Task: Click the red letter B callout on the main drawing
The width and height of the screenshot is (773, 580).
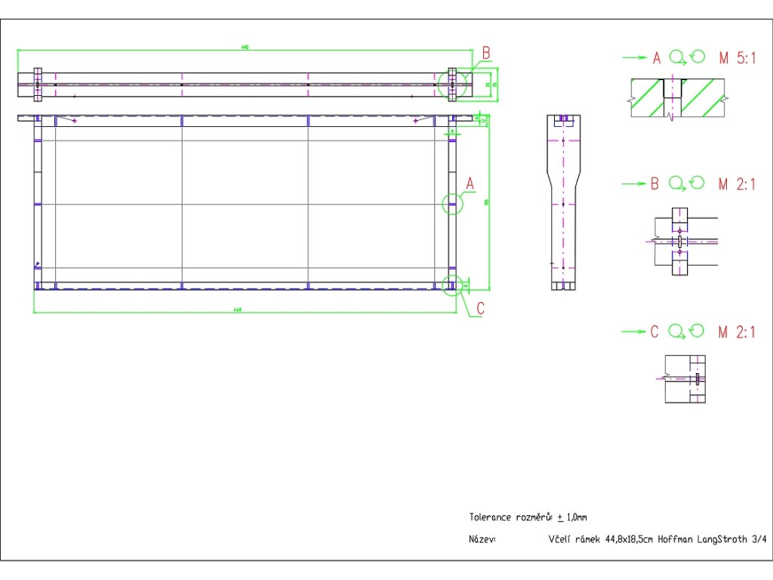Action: point(487,53)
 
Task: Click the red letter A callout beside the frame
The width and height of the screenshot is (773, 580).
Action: point(470,184)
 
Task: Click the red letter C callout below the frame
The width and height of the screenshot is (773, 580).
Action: point(481,309)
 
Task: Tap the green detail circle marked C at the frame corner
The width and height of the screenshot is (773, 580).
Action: point(452,285)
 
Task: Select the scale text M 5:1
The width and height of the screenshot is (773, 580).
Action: point(736,57)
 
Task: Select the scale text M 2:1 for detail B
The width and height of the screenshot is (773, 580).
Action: point(736,184)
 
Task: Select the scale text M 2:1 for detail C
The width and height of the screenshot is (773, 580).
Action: point(736,332)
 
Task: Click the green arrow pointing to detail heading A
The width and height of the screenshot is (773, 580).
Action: point(634,57)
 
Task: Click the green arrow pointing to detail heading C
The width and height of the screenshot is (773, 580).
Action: point(634,332)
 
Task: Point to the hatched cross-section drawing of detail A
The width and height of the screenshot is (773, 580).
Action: point(677,99)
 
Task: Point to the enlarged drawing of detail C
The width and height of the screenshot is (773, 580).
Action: point(684,378)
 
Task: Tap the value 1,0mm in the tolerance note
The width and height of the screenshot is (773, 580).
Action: point(576,517)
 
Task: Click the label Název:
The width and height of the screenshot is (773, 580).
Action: point(482,539)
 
